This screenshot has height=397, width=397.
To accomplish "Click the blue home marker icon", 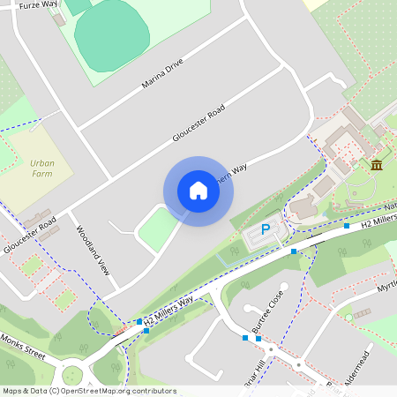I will pos(198,191).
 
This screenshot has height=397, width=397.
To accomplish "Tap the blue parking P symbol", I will pos(265,230).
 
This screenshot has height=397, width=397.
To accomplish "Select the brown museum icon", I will pos(377,165).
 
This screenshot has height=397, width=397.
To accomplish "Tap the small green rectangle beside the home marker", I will pos(156,228).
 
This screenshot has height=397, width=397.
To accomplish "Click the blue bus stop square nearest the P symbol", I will pos(294,251).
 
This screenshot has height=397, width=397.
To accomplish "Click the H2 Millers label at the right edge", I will pos(378,221).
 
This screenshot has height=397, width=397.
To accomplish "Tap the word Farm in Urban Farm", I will pos(42,175).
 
